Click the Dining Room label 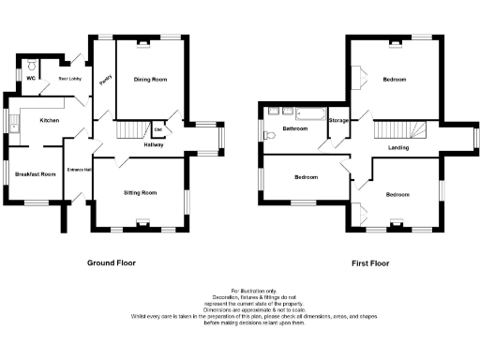(x=150, y=81)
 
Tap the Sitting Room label (x=141, y=192)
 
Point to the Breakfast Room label (x=35, y=174)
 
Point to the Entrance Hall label (x=79, y=170)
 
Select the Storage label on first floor (x=338, y=121)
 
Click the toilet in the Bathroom (x=271, y=135)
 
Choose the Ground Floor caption (x=112, y=263)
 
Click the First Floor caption (x=371, y=263)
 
